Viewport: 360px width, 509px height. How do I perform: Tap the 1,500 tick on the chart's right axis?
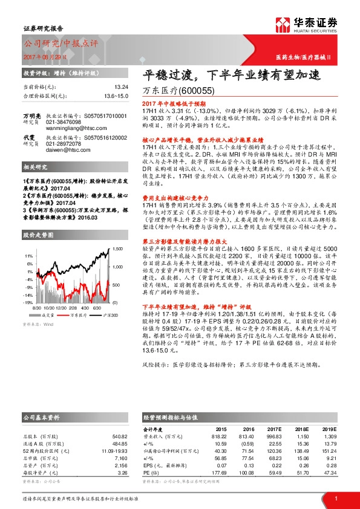[117, 249]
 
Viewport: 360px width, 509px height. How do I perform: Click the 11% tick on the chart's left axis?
[28, 255]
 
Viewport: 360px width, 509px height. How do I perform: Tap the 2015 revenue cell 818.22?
[218, 436]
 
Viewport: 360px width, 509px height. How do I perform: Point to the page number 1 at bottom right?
[335, 498]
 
